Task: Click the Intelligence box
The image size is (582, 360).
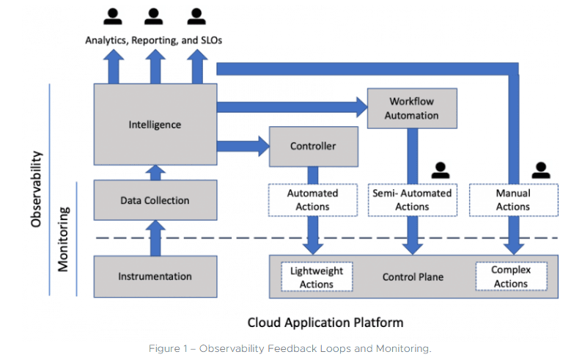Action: (x=155, y=125)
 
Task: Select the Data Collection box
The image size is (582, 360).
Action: (x=155, y=200)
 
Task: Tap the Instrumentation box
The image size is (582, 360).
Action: (x=155, y=276)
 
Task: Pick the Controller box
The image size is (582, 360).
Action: (x=313, y=147)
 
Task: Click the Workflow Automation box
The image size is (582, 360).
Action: (x=413, y=109)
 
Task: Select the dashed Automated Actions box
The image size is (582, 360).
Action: (x=313, y=200)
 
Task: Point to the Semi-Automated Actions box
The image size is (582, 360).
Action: (x=412, y=200)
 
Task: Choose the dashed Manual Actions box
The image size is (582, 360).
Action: (x=512, y=200)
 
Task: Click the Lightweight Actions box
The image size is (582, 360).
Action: (x=317, y=277)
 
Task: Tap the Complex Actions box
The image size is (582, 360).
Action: (x=510, y=277)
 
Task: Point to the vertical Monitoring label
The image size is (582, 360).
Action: (x=64, y=239)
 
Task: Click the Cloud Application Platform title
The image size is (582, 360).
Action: (x=325, y=322)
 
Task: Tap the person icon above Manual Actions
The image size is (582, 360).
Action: (x=541, y=171)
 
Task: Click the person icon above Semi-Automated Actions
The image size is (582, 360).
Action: (x=440, y=171)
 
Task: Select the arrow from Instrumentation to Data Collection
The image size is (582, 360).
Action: (x=155, y=238)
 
